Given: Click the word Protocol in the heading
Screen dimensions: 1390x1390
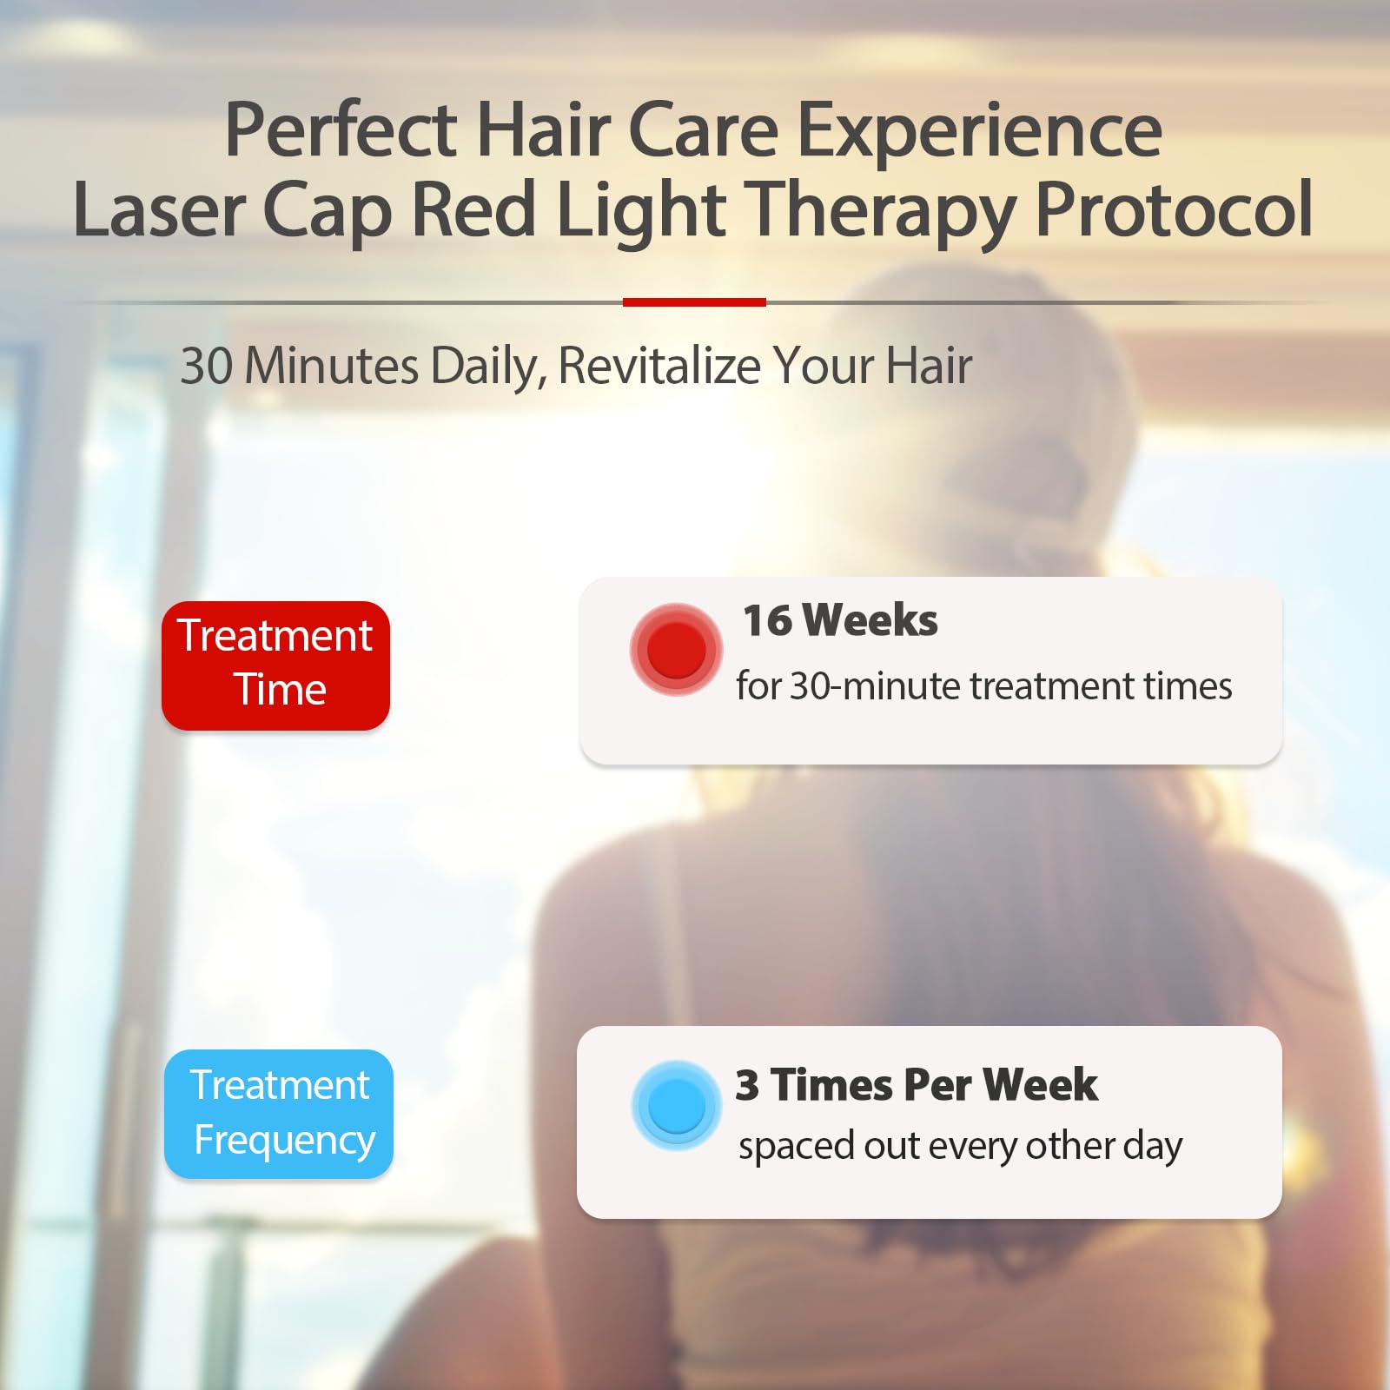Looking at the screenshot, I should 1174,210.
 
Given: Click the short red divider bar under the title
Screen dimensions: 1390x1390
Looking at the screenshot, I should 694,302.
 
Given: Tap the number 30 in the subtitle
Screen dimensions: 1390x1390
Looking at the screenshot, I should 206,366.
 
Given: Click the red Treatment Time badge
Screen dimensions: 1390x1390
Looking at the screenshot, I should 275,665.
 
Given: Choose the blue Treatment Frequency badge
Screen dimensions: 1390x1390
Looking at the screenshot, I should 279,1114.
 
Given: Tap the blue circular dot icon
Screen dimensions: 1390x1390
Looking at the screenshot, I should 676,1106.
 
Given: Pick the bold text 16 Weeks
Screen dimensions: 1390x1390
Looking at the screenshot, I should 840,620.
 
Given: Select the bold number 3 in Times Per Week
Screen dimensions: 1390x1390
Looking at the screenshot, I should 747,1085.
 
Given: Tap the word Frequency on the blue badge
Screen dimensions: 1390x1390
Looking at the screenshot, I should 284,1140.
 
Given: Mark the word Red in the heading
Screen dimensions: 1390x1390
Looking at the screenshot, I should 473,210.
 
